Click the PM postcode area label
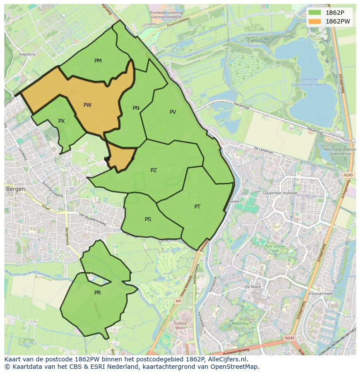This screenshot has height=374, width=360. [x=98, y=61]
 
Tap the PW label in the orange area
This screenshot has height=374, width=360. [x=87, y=105]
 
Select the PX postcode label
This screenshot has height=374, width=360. [x=61, y=121]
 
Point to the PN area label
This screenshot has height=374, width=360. [x=136, y=108]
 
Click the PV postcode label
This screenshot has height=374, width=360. [x=173, y=112]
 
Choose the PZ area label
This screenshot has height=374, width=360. [x=153, y=170]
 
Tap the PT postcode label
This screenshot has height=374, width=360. [x=197, y=207]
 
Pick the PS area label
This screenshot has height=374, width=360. [x=148, y=219]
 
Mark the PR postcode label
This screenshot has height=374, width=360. [x=97, y=293]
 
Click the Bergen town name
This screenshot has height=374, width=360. [x=15, y=189]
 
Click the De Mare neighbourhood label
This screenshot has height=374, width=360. [x=252, y=287]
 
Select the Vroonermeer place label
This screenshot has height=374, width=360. [x=320, y=294]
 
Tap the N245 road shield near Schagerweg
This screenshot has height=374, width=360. [x=348, y=175]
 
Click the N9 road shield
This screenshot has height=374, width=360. [x=178, y=301]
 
